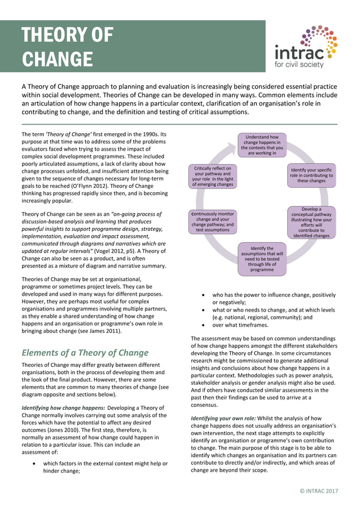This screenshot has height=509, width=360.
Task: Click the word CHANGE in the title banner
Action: [57, 59]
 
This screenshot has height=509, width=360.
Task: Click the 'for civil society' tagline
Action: [299, 65]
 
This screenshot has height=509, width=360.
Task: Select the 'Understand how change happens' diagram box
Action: [262, 144]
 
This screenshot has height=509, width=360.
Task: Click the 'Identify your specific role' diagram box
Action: [311, 175]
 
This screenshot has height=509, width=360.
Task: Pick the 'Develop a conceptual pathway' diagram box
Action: [311, 222]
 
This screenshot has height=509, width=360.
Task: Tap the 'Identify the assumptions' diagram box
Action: [262, 259]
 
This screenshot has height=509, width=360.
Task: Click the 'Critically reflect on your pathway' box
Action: [212, 176]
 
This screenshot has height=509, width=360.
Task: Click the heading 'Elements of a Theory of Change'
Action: [85, 353]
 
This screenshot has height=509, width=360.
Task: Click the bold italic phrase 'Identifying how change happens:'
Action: [62, 407]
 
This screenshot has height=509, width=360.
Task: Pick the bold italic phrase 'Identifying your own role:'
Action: [223, 418]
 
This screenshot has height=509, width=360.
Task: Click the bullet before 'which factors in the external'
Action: [36, 463]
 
